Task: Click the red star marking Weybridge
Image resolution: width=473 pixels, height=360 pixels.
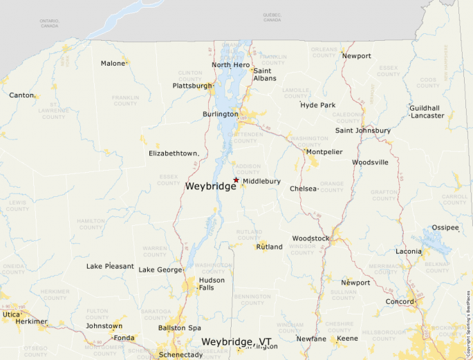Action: click(236, 180)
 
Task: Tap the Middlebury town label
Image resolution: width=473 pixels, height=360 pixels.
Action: click(261, 181)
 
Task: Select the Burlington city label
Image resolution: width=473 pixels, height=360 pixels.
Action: click(220, 114)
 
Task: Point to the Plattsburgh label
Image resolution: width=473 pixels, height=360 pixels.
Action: click(192, 86)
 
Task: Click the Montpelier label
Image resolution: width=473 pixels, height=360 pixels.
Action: click(324, 152)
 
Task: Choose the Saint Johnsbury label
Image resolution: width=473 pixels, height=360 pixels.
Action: click(362, 131)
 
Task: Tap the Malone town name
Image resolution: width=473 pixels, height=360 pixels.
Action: click(113, 64)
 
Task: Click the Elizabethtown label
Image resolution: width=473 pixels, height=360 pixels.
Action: click(174, 153)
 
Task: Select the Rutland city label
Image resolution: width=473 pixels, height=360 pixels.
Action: click(269, 247)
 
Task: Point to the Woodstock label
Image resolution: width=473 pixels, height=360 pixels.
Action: click(310, 238)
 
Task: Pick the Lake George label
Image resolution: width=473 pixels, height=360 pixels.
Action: click(160, 269)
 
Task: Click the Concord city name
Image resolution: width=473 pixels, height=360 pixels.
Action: click(399, 302)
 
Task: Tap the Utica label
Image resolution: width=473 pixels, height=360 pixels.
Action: click(10, 314)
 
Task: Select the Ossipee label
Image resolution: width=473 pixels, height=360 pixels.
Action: click(445, 227)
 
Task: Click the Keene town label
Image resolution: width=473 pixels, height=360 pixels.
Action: click(347, 339)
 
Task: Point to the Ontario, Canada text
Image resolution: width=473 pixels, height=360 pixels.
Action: click(49, 23)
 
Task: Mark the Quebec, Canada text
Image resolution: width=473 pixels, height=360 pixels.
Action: click(272, 17)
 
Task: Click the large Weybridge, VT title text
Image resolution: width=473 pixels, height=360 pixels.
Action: click(236, 342)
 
